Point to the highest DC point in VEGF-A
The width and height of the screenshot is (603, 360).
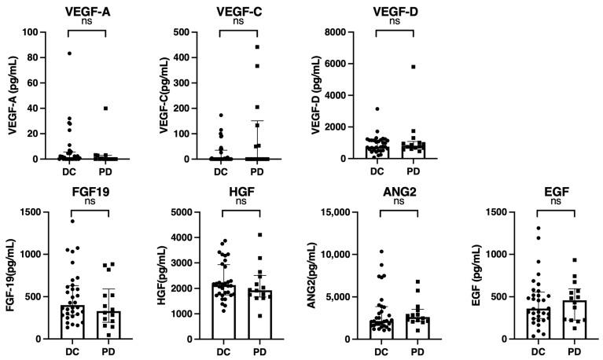(69, 53)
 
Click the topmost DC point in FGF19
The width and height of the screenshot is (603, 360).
(72, 222)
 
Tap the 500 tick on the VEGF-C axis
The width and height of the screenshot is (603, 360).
(198, 32)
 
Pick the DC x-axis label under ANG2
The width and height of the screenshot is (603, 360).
(383, 351)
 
